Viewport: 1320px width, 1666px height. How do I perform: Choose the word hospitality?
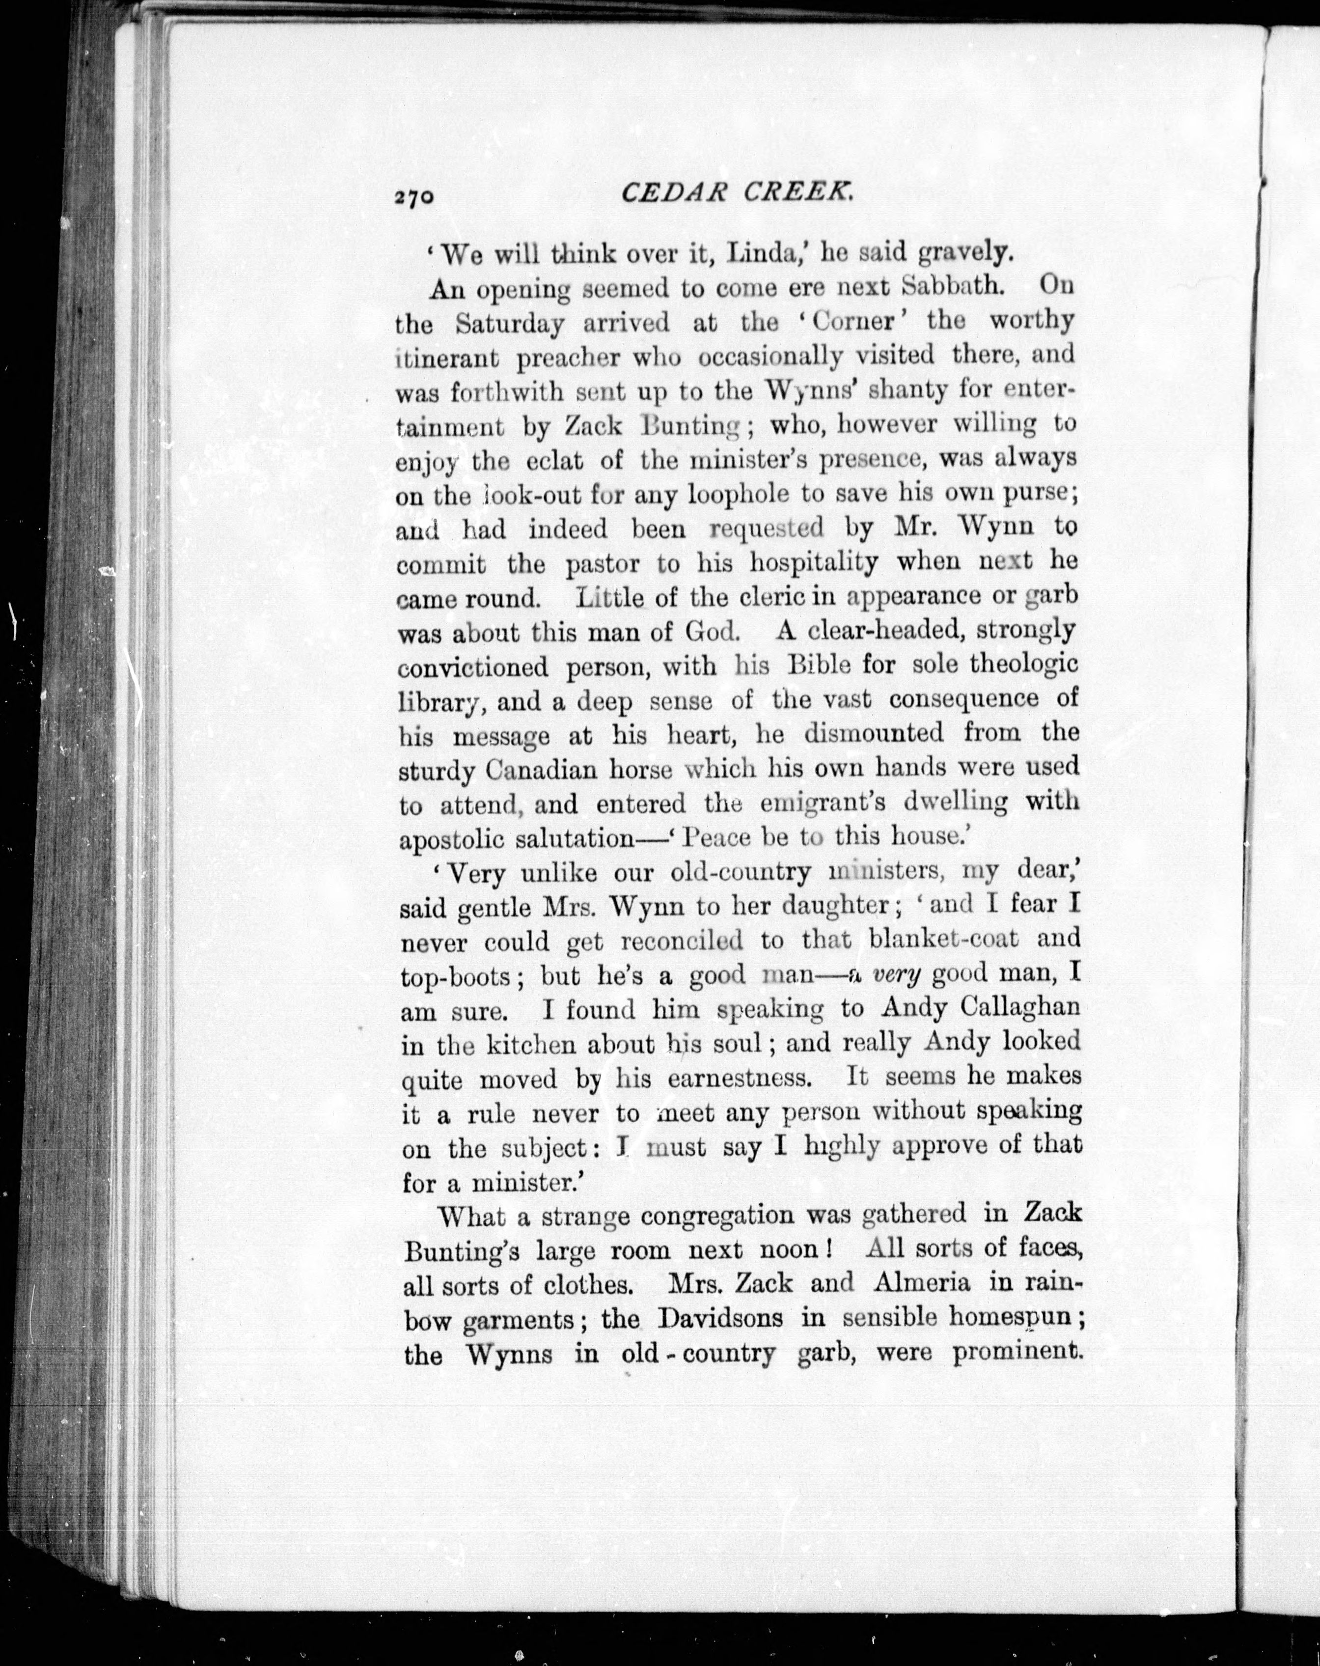point(813,563)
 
